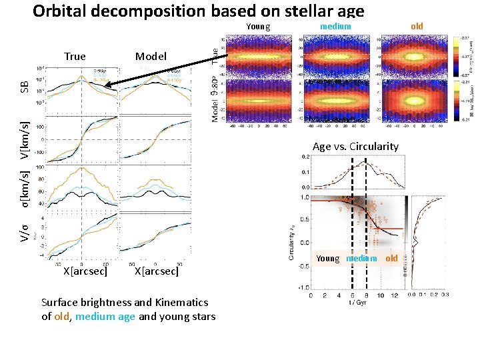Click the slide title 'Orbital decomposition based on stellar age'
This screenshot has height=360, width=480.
198,11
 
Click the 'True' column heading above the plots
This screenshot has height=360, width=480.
75,57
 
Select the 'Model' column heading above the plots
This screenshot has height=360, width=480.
151,57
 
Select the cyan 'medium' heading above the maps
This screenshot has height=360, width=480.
335,27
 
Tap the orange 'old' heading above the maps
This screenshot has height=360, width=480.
417,27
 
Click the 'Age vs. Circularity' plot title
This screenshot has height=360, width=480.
355,147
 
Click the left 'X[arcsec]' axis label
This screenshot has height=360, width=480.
85,271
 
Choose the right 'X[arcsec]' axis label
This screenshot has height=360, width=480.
156,271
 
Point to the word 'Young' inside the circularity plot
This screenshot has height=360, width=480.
328,259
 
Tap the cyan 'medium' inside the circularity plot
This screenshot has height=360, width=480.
361,259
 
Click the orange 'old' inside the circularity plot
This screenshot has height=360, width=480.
391,259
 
